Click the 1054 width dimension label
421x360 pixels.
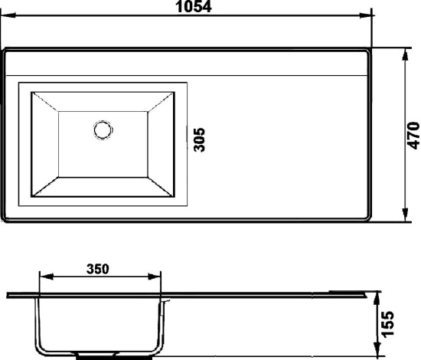194,7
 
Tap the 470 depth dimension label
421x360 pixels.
413,136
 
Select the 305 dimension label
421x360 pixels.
200,139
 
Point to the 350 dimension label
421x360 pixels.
98,269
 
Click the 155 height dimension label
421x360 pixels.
388,324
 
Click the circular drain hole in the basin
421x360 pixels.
103,129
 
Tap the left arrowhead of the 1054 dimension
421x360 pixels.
8,15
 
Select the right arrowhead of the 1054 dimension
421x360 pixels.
367,16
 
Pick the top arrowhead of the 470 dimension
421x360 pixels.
405,55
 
